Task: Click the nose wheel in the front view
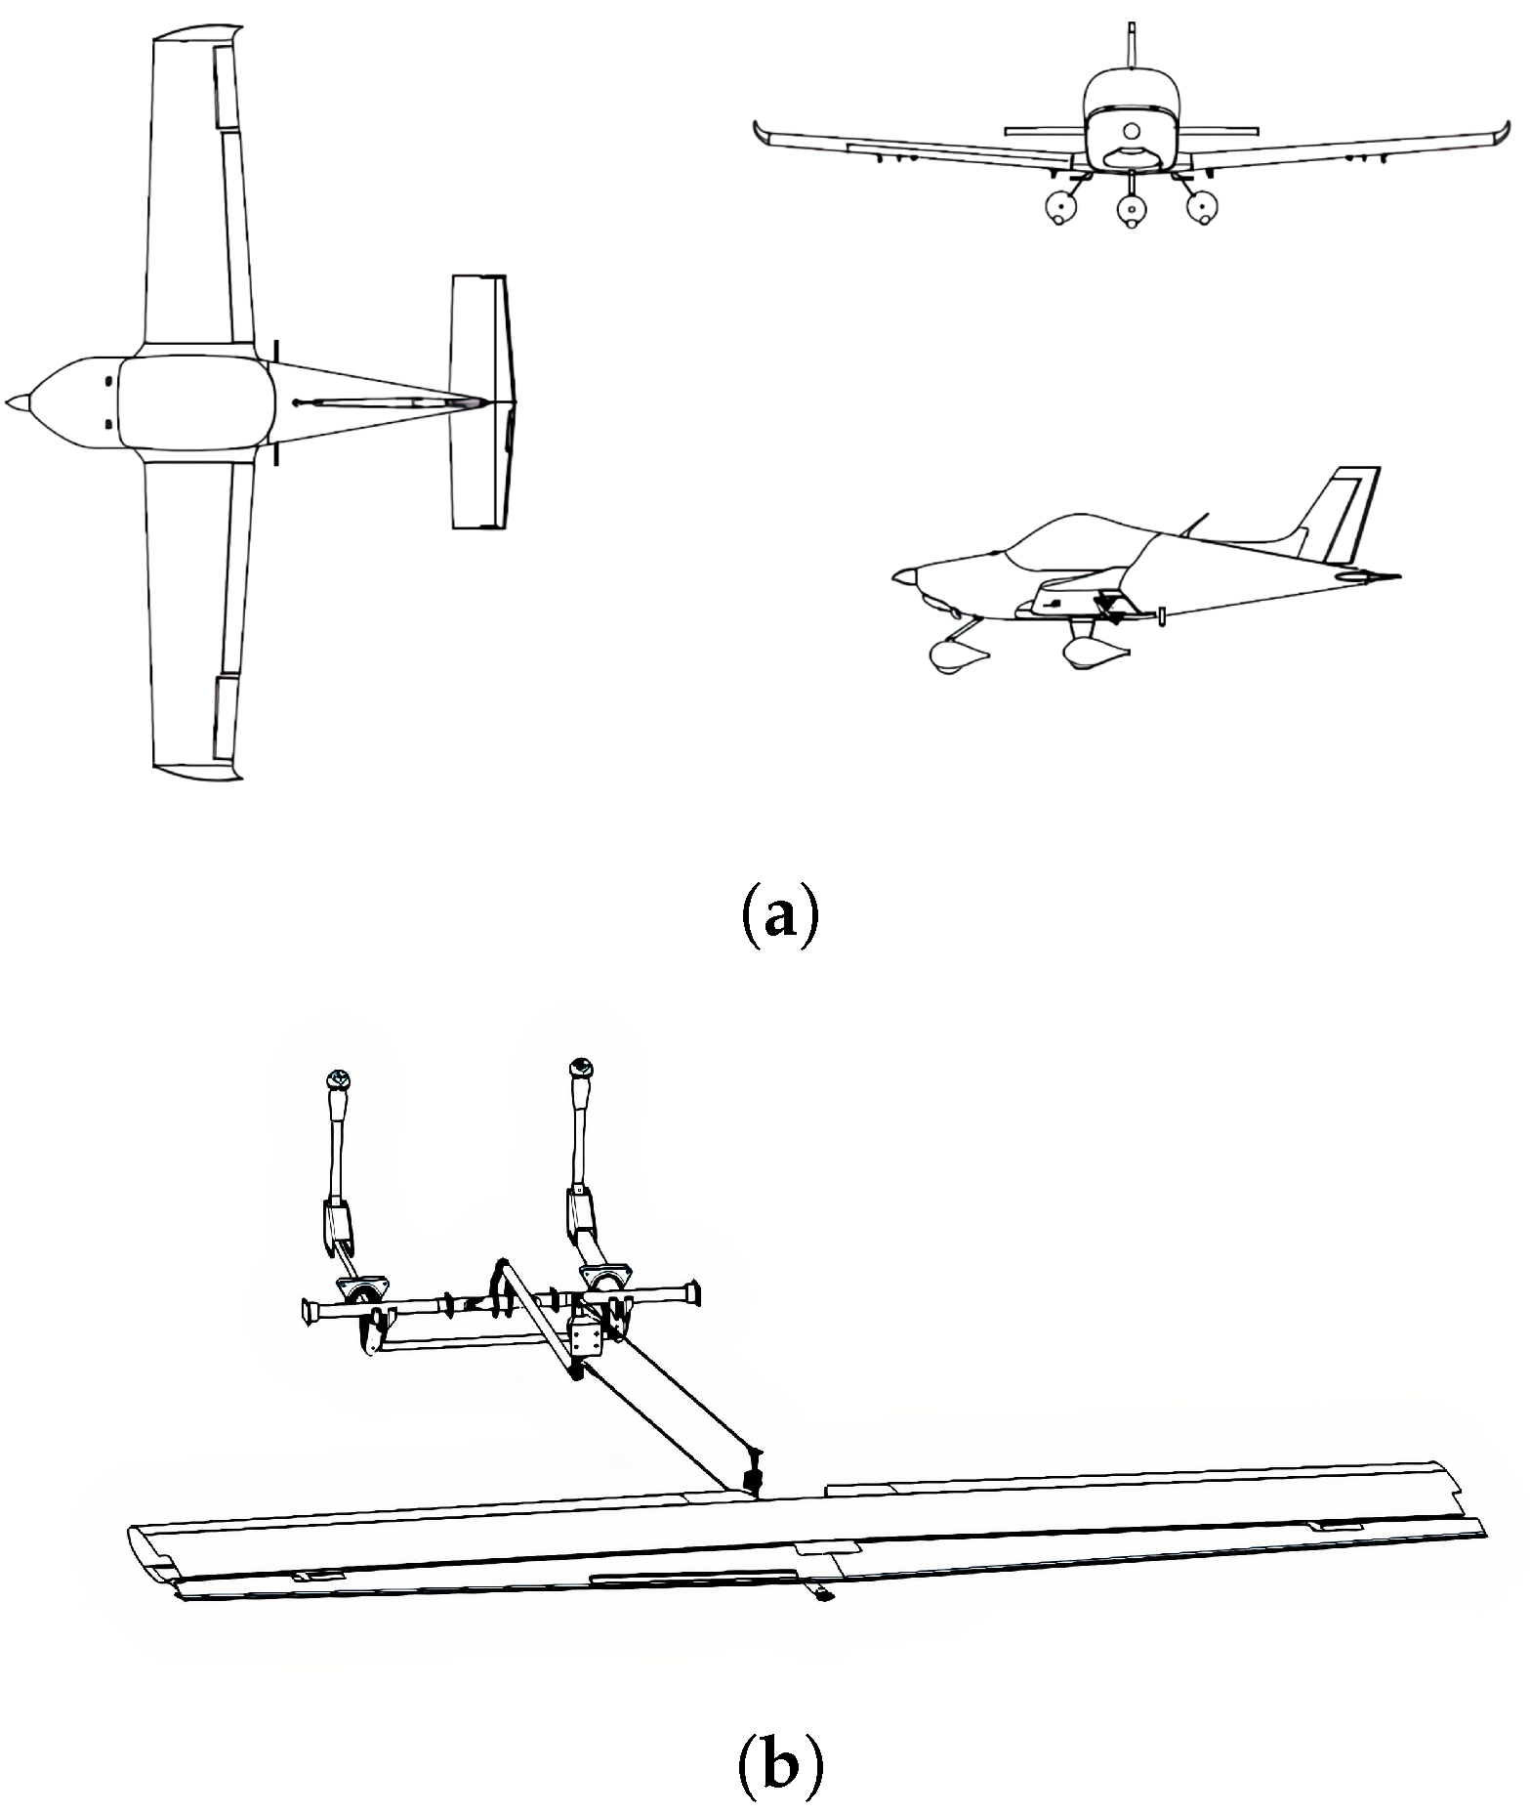click(x=1131, y=208)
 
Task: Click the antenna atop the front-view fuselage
click(x=1131, y=44)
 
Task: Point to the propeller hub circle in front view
click(x=1131, y=130)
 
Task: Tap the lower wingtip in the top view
click(x=195, y=769)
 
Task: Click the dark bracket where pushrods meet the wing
click(x=752, y=1482)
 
